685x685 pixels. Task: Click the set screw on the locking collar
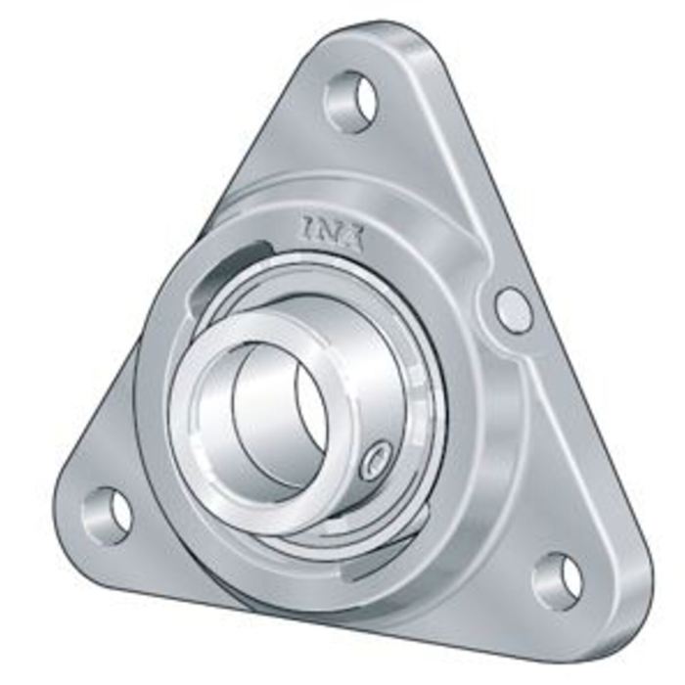[376, 460]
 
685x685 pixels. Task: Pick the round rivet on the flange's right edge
[513, 309]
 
